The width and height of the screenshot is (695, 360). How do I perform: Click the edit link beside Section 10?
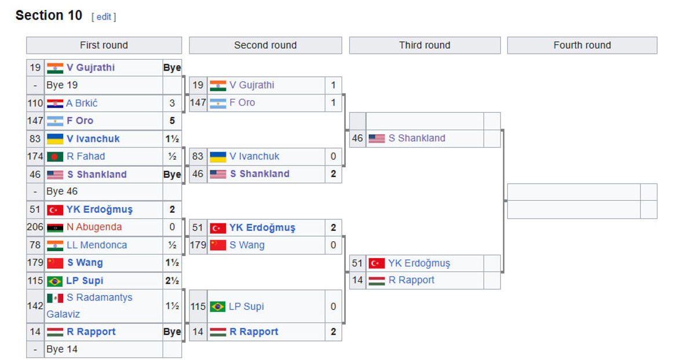tap(104, 17)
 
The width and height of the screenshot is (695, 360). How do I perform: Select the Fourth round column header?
tap(582, 45)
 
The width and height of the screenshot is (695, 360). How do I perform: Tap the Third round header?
tap(425, 45)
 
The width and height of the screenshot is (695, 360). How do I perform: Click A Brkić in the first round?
tap(82, 103)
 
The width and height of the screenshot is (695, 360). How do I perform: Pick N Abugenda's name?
tap(94, 227)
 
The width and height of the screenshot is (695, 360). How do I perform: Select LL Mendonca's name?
tap(96, 245)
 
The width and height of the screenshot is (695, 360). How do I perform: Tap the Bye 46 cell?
tap(62, 192)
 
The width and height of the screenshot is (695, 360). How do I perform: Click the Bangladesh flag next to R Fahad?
tap(55, 156)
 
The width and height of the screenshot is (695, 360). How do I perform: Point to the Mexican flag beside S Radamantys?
tap(55, 297)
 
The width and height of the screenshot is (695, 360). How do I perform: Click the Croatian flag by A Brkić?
tap(55, 104)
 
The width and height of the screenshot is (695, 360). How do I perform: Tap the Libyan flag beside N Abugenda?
tap(55, 227)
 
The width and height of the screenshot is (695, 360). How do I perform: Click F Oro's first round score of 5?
tap(172, 121)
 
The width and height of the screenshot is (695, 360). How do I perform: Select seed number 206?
tap(35, 227)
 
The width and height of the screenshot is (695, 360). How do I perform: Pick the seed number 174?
tap(35, 156)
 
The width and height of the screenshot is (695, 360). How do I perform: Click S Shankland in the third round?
tap(416, 138)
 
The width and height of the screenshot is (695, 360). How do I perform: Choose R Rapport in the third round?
tap(411, 280)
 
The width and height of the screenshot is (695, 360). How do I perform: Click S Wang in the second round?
tap(247, 245)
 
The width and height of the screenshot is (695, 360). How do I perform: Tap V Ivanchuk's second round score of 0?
tap(333, 156)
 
